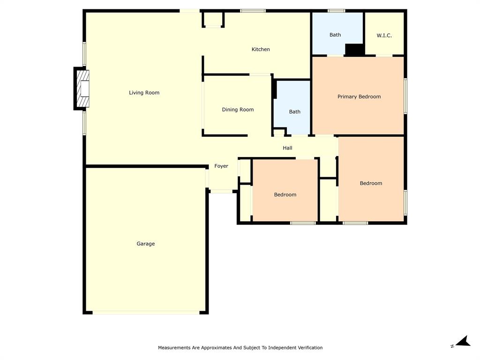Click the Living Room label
144,93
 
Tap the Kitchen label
261,49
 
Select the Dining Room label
238,110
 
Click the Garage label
145,244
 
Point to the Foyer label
221,166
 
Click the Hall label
287,148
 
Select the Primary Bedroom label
359,97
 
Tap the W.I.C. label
384,36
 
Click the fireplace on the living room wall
82,89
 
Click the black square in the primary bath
355,50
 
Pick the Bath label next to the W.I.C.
335,35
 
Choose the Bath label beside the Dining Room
294,112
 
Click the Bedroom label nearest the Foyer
285,195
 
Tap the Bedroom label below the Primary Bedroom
371,183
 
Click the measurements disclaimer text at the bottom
240,348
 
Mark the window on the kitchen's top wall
253,11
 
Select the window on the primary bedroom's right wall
405,96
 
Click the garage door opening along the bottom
145,312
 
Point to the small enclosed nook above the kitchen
213,20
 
